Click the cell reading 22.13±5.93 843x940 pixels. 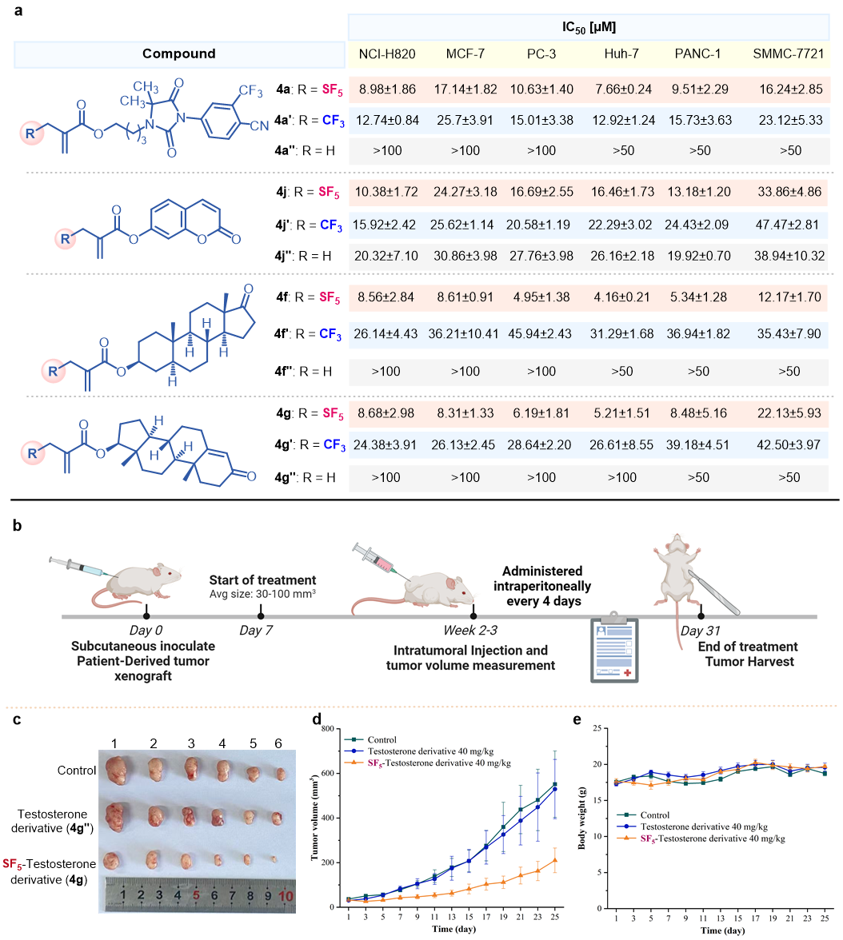[788, 415]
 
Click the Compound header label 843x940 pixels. [179, 54]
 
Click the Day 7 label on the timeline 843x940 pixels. [256, 631]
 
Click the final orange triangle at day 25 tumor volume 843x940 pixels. [554, 860]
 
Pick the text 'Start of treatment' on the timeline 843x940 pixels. [262, 580]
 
